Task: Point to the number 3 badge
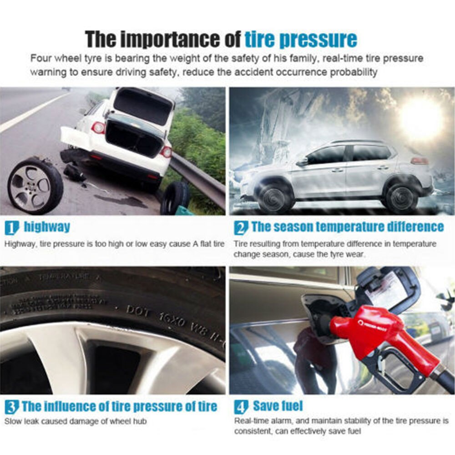pos(11,406)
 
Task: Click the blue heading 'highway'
pos(47,227)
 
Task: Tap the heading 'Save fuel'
pos(278,406)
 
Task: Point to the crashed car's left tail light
pos(98,128)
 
